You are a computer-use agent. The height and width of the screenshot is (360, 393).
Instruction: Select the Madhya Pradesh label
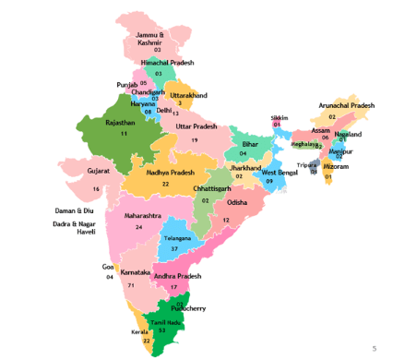tap(168, 173)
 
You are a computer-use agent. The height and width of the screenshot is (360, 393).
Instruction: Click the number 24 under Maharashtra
tap(139, 226)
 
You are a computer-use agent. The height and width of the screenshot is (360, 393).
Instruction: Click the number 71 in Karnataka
tap(131, 285)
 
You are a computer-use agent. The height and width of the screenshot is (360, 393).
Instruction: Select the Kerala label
tap(139, 331)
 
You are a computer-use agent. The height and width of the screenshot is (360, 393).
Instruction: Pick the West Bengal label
tap(280, 173)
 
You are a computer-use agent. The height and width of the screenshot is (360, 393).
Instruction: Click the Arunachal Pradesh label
tap(347, 106)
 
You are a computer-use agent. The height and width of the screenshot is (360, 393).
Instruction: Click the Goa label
tap(108, 267)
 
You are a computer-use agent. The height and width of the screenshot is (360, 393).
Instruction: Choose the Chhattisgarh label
tap(214, 188)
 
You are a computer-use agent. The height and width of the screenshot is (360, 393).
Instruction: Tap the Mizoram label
tap(336, 166)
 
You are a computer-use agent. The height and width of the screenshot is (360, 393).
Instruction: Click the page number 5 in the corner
tap(374, 348)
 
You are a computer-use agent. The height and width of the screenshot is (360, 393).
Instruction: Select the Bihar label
tap(249, 144)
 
